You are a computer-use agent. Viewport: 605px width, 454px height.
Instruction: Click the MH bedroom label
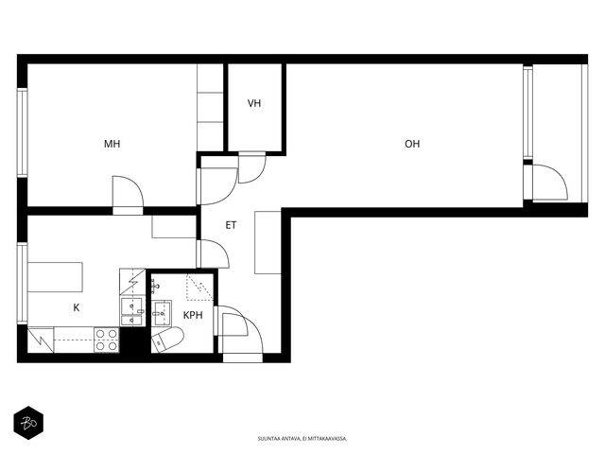[x=112, y=144]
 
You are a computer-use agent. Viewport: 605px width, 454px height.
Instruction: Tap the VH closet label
[x=254, y=103]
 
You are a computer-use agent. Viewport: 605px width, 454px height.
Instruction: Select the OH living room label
[x=412, y=144]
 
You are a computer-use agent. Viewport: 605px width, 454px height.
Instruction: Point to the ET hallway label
[x=231, y=225]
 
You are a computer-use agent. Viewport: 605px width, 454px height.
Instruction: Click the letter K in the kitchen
[x=77, y=307]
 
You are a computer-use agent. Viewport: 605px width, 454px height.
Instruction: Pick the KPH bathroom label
[x=193, y=315]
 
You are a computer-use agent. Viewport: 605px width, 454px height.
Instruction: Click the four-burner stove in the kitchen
[x=107, y=340]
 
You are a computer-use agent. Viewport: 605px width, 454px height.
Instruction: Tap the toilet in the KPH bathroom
[x=167, y=340]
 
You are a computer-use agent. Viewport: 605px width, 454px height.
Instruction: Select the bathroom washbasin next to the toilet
[x=162, y=313]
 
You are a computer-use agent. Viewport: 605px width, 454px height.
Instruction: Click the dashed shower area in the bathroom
[x=199, y=288]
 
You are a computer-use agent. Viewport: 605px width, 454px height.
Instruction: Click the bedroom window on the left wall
[x=23, y=132]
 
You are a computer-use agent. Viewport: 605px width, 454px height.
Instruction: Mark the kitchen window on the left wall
[x=23, y=284]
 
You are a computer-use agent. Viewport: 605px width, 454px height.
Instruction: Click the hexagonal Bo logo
[x=28, y=423]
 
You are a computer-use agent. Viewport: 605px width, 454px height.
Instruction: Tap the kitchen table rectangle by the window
[x=55, y=277]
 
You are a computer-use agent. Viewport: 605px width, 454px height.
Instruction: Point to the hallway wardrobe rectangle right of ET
[x=268, y=242]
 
